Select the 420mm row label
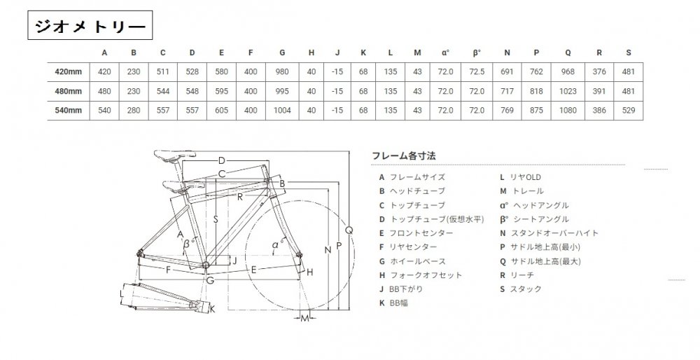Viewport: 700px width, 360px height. tap(69, 71)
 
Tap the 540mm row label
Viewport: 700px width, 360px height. tap(69, 111)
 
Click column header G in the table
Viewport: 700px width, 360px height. tap(281, 52)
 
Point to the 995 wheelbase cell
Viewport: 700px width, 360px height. tap(281, 92)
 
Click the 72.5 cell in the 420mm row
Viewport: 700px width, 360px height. tap(477, 71)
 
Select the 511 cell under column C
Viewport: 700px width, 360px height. tap(162, 71)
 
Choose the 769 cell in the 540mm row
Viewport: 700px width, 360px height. tap(507, 111)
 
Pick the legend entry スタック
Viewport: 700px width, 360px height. tap(522, 289)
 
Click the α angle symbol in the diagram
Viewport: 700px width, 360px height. tap(275, 244)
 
